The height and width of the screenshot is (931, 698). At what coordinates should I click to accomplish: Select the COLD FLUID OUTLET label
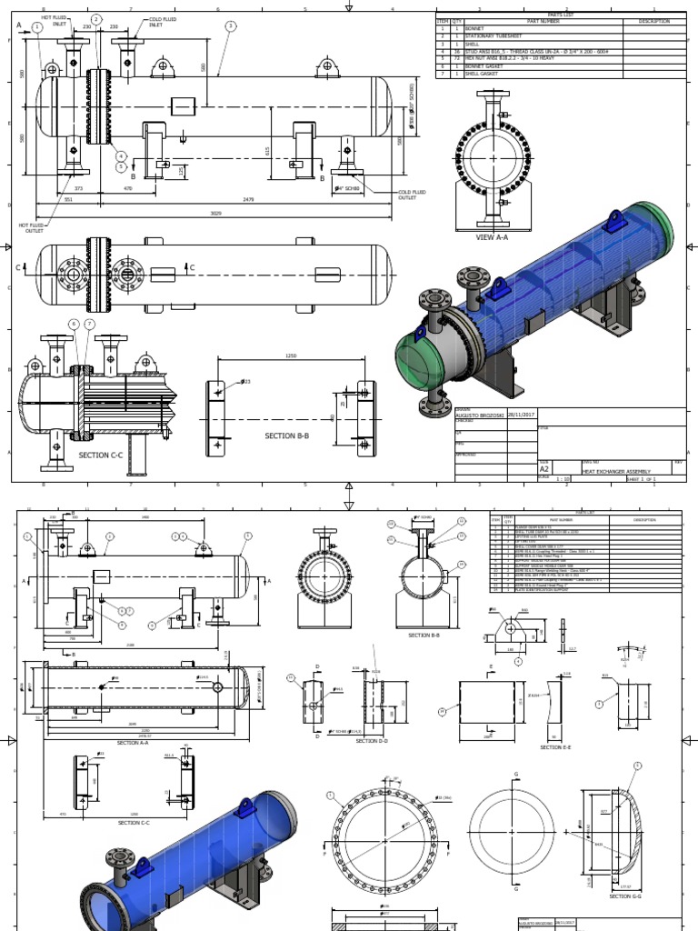pos(408,195)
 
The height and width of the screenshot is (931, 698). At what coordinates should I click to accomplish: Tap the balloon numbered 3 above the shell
pos(231,26)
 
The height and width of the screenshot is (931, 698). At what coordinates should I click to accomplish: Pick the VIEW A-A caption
pos(493,236)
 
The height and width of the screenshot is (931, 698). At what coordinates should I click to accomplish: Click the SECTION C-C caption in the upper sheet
pos(100,455)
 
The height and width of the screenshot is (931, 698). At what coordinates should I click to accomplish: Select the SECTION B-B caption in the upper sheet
pos(287,436)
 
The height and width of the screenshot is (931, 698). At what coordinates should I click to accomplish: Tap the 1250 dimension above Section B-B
pos(291,356)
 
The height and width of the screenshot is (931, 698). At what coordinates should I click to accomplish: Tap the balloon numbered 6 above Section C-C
pos(73,324)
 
